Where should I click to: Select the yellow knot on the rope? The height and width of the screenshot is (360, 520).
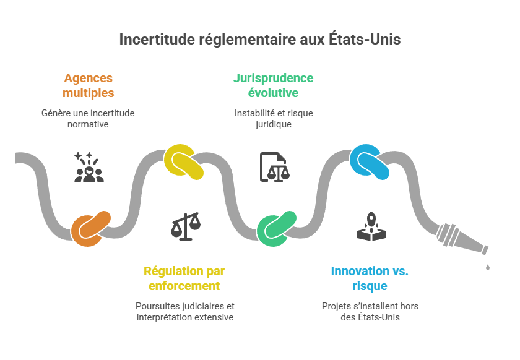(x=184, y=162)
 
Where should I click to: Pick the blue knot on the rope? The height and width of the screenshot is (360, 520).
(x=370, y=161)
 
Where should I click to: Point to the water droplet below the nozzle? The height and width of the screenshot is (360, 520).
(x=488, y=267)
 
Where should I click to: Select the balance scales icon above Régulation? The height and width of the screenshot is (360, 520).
(x=185, y=226)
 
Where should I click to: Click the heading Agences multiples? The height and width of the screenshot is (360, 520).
(x=89, y=86)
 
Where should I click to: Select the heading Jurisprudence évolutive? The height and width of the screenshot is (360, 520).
(x=273, y=86)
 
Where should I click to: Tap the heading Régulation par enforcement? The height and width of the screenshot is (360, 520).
(x=184, y=278)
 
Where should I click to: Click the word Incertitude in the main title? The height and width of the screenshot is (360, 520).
(x=157, y=40)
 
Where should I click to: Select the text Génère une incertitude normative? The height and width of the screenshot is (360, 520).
(x=88, y=119)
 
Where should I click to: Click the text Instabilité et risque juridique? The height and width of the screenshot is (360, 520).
(x=273, y=119)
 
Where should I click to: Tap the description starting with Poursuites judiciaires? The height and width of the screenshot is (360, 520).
(x=184, y=311)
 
